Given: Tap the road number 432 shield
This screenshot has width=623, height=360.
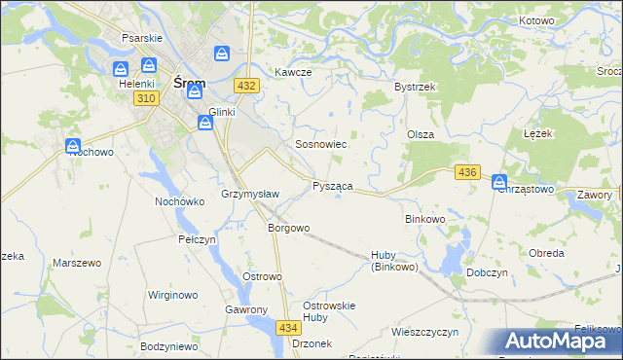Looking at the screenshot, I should pos(246,86).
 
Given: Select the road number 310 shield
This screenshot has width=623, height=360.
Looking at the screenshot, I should pos(147,99).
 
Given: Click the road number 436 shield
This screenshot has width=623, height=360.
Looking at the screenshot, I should pos(467,172).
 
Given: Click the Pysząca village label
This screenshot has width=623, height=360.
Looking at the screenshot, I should pos(332,185).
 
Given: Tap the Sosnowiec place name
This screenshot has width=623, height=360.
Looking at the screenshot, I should pos(321,144).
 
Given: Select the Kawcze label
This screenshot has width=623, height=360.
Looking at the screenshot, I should pos(292,73).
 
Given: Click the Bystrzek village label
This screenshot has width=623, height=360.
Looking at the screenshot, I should pos(414,87).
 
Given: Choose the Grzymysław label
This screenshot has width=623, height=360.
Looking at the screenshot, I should pos(250,194).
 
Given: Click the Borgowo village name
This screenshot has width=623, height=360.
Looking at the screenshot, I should pos(288,229).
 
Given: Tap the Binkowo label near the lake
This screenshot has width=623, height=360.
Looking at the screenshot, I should pos(424,220).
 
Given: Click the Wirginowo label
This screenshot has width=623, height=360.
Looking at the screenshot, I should pos(172,295).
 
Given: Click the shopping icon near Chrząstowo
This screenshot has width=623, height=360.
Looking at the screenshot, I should pos(499,181).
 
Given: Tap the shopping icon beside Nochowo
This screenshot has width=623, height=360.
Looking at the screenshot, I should pos(74,147).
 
